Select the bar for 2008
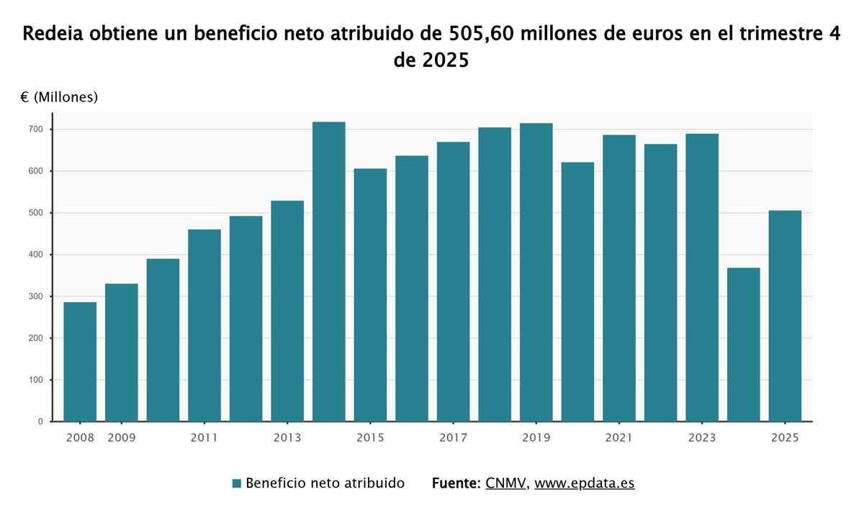[x=80, y=361]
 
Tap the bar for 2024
[x=744, y=344]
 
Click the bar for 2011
[x=204, y=325]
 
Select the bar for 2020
[x=577, y=291]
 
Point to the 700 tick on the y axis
[x=37, y=129]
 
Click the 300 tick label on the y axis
[x=37, y=296]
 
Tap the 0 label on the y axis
[x=40, y=422]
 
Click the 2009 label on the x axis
[x=122, y=437]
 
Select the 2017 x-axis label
[x=453, y=437]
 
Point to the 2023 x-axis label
[x=702, y=437]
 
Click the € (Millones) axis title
[x=59, y=97]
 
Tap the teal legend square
[x=236, y=483]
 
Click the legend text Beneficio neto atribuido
[x=325, y=483]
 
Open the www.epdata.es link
[x=584, y=483]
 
